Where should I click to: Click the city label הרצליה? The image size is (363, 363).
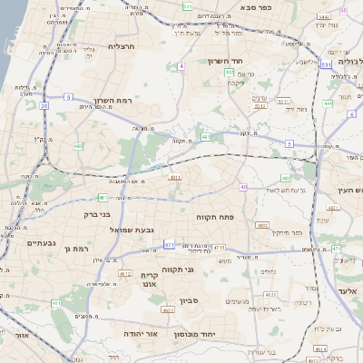coord(121,45)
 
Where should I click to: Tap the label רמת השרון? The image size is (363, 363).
coord(113,101)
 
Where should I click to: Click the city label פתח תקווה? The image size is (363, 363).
coord(215,217)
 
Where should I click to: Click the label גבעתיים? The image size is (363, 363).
coord(42,242)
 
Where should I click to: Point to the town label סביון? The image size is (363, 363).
coord(189,299)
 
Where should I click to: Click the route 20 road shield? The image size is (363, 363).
coord(44,104)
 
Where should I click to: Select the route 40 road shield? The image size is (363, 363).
coord(242,187)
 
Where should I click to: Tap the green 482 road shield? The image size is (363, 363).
coord(78,145)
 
